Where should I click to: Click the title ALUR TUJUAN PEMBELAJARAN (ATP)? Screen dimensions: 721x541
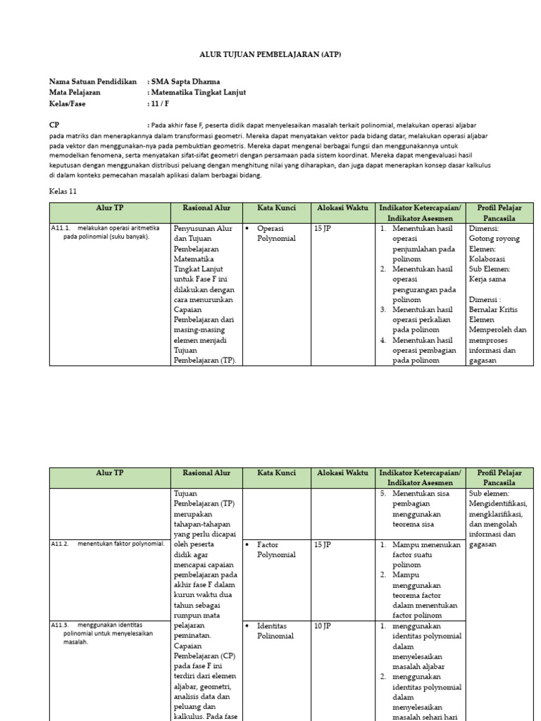click(x=270, y=55)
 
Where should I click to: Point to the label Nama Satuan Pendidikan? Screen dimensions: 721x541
click(x=92, y=82)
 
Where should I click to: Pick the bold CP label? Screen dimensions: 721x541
click(x=54, y=125)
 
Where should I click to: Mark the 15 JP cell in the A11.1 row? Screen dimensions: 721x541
click(x=323, y=229)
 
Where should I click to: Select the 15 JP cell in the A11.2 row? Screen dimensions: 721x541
click(x=323, y=544)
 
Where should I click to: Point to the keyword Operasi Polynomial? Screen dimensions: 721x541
click(x=277, y=233)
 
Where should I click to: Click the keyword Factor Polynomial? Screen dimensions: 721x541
click(x=277, y=549)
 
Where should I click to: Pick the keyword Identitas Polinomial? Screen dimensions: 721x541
click(x=275, y=630)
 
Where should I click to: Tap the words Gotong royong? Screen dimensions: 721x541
click(x=494, y=239)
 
